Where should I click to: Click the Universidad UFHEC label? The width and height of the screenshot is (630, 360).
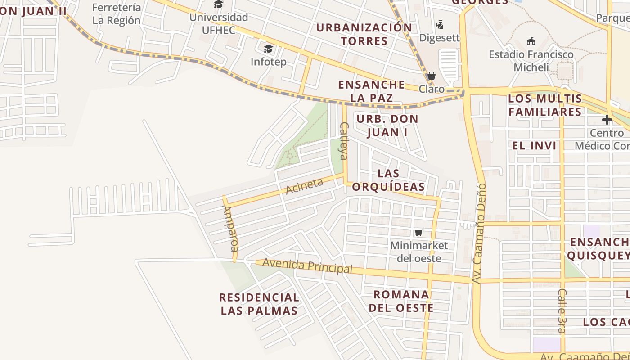(x=219, y=23)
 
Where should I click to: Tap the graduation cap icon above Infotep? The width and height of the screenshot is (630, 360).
(x=268, y=48)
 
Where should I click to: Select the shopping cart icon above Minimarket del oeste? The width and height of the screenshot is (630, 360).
(x=419, y=232)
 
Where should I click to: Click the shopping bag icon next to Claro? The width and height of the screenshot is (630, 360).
(x=432, y=75)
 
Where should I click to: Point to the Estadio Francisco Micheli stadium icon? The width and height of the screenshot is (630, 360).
(x=531, y=41)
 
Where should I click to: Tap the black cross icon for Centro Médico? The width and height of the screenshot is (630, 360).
(x=607, y=120)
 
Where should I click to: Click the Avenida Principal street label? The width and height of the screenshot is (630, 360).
(x=307, y=265)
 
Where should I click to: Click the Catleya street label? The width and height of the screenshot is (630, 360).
(x=344, y=141)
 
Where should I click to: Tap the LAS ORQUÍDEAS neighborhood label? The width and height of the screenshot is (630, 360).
(x=388, y=180)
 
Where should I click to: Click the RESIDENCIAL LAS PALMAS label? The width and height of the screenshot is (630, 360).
(x=259, y=304)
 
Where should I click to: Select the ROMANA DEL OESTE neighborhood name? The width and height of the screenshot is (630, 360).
(x=401, y=301)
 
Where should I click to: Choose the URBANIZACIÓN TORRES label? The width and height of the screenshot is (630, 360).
(x=364, y=34)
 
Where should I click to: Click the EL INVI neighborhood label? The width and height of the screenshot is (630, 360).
(x=534, y=146)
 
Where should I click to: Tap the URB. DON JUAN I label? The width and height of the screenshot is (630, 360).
(x=387, y=126)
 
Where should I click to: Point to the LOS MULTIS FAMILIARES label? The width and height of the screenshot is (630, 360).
(x=545, y=105)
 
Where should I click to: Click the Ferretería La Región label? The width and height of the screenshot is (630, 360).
(x=117, y=14)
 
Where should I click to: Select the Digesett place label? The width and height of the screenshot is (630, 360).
(x=440, y=37)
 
